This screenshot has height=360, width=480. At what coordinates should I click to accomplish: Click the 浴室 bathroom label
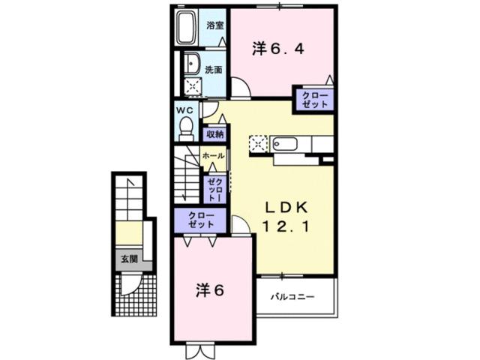[x=215, y=25]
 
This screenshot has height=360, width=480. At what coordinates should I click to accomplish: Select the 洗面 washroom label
[x=214, y=70]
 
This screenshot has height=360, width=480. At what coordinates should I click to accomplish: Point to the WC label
[x=184, y=109]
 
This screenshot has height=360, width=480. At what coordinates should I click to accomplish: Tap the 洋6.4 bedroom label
[x=277, y=49]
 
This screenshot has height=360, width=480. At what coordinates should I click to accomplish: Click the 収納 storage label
[x=215, y=135]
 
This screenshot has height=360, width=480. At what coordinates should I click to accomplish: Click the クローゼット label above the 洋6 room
[x=201, y=220]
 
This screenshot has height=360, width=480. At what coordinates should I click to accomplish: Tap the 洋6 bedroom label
[x=211, y=289]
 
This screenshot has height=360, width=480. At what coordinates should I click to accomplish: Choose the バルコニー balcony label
[x=292, y=297]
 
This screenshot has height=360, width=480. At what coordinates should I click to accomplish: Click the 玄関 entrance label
[x=128, y=259]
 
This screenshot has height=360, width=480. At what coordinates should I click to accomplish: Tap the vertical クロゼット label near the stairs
[x=214, y=189]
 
